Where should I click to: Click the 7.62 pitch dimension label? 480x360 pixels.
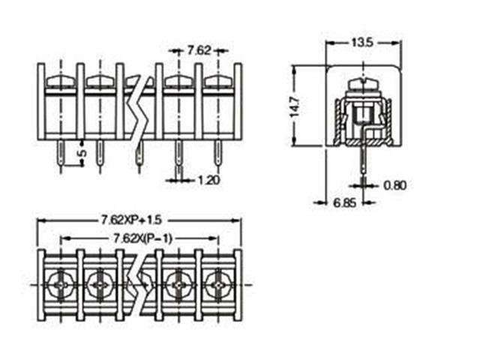point(199,50)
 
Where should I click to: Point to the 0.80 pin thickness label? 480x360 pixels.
point(395,184)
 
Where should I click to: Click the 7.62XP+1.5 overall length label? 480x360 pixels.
point(132,220)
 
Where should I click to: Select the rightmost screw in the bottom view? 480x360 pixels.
point(218,285)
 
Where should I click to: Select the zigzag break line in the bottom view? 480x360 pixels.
point(138,285)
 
